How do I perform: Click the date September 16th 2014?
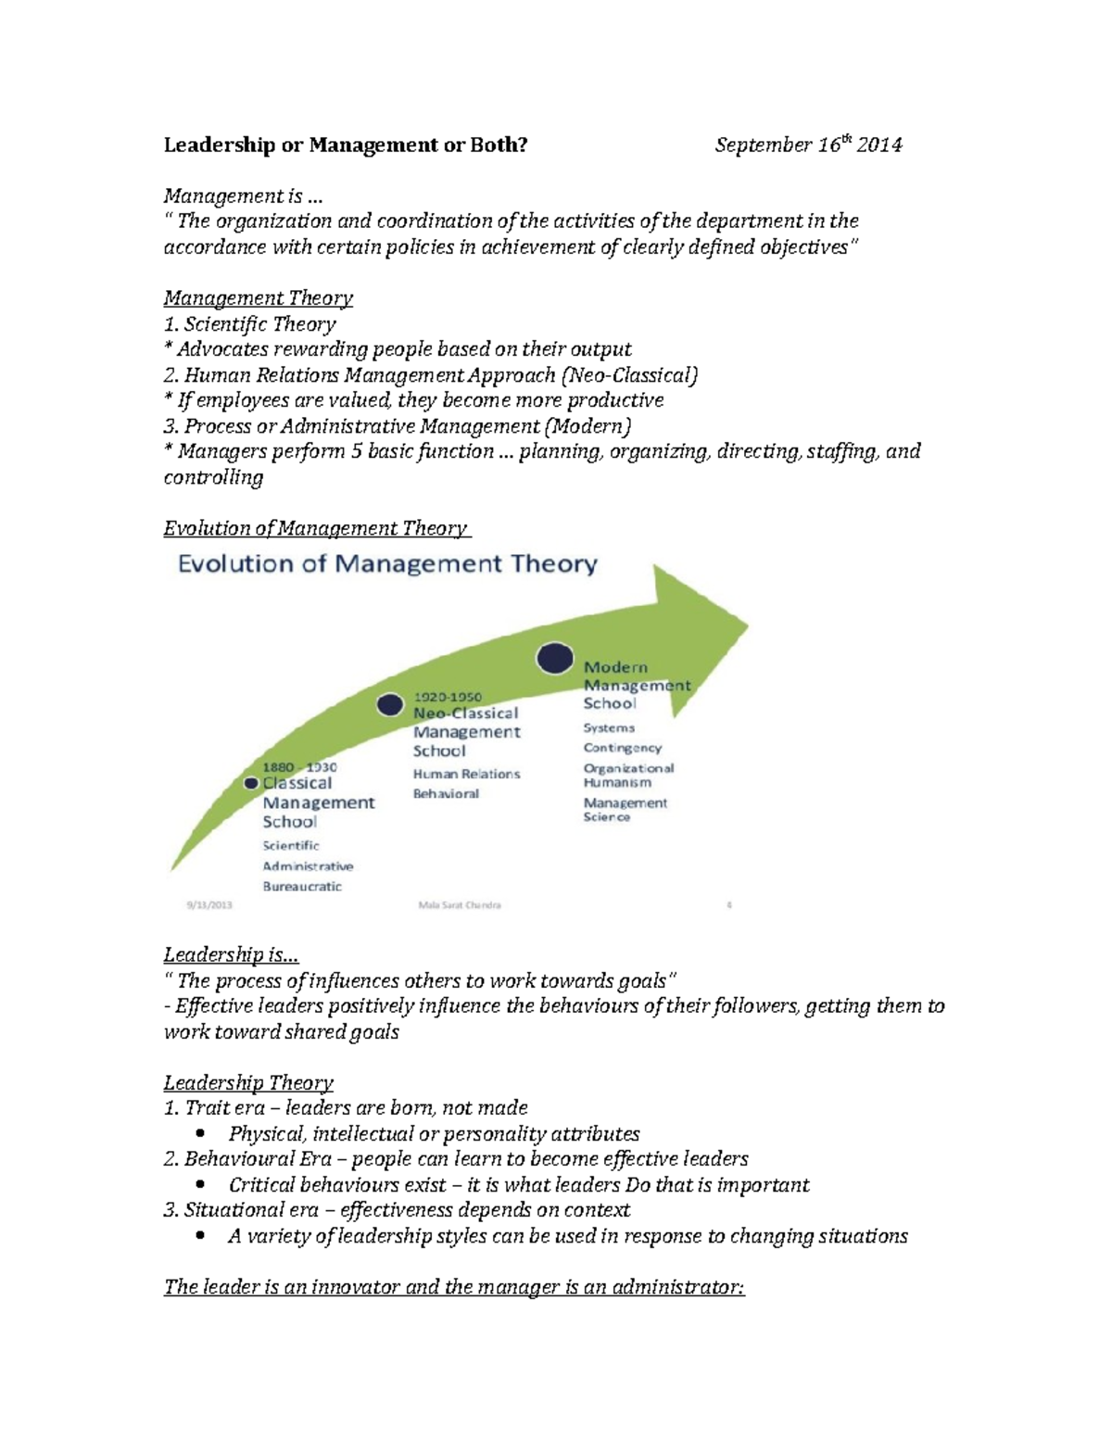[808, 145]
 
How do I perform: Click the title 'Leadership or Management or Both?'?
[345, 145]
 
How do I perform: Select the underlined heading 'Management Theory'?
[258, 298]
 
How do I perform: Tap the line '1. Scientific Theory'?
[249, 324]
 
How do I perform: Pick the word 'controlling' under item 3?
[213, 477]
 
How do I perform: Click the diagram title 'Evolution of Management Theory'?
[387, 563]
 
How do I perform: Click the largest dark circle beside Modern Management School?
[555, 658]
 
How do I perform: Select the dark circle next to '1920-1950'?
[390, 705]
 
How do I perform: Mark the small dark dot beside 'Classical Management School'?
[251, 783]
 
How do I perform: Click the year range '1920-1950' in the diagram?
[448, 697]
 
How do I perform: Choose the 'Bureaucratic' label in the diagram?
[302, 887]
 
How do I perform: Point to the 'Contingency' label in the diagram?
[623, 748]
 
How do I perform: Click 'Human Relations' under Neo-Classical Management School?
[466, 774]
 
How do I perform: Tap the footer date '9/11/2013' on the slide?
[209, 905]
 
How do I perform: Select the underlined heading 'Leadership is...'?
[231, 954]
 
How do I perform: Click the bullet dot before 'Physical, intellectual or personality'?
[201, 1134]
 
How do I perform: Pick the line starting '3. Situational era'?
[397, 1210]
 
